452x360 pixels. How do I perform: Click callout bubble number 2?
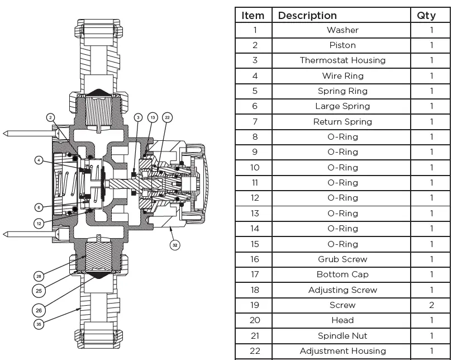click(50, 117)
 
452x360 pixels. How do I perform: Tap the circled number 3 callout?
click(138, 117)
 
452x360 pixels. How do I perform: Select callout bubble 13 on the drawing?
click(153, 117)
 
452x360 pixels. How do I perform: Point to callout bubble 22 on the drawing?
click(167, 117)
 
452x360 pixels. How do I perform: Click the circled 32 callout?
click(175, 245)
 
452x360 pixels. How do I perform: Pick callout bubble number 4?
click(39, 160)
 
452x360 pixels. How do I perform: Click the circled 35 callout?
click(39, 324)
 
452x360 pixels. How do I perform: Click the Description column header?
click(307, 15)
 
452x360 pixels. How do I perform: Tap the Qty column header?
click(431, 15)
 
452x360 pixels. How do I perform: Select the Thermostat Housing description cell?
click(342, 60)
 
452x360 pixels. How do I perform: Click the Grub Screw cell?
click(342, 259)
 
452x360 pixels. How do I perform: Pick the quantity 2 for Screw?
click(431, 305)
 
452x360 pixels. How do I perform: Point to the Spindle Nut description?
click(342, 336)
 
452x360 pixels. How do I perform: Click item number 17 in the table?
click(255, 274)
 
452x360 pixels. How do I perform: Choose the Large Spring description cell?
click(342, 106)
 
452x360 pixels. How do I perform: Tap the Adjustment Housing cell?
click(342, 351)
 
